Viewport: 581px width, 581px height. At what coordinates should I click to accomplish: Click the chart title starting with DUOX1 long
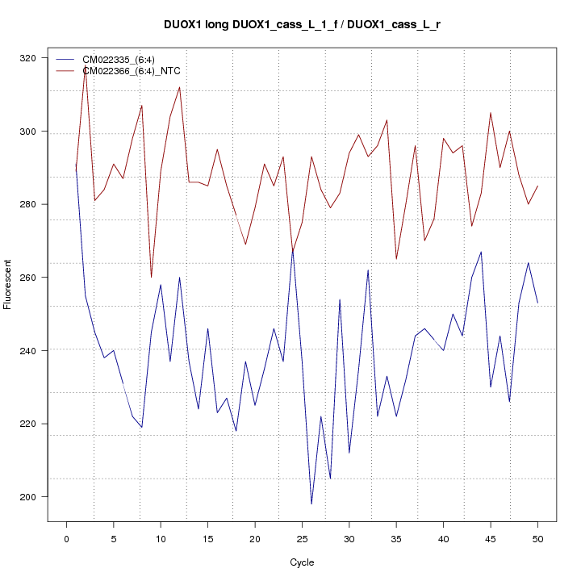coord(302,25)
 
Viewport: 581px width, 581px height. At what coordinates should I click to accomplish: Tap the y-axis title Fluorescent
coord(8,284)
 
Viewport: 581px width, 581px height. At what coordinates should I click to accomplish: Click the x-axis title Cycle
coord(302,562)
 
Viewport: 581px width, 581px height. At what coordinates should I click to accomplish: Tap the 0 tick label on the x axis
coord(66,539)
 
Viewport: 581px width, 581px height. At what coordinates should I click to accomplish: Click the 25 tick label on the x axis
coord(302,539)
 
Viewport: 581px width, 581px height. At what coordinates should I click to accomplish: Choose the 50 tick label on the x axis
coord(537,539)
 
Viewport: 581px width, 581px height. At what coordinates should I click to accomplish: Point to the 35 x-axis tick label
coord(396,539)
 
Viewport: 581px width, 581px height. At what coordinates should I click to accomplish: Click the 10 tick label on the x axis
coord(161,539)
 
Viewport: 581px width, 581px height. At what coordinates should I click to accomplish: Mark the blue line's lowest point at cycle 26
coord(311,504)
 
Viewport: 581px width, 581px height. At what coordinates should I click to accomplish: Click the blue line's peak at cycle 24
coord(292,249)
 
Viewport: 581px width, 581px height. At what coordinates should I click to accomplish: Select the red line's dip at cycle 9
coord(151,277)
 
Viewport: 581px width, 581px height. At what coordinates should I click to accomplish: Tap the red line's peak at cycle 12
coord(179,87)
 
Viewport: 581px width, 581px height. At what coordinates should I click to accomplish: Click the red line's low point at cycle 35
coord(396,258)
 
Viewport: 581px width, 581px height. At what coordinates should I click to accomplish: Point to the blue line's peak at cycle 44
coord(481,252)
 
